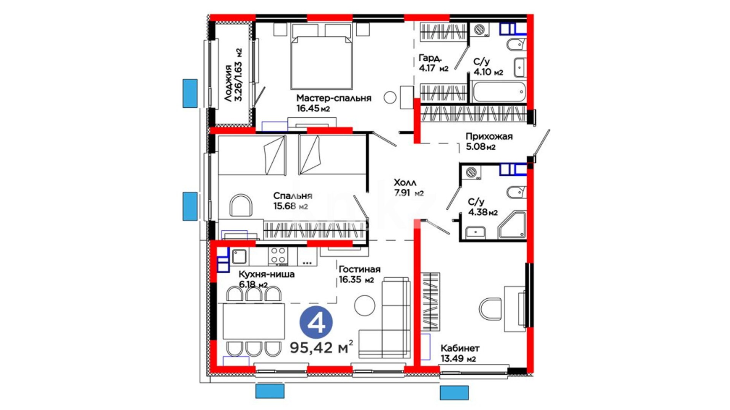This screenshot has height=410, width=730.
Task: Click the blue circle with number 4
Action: click(x=316, y=323)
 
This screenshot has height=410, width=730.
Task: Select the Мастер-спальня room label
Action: click(x=334, y=98)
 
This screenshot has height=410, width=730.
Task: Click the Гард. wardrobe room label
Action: click(x=430, y=58)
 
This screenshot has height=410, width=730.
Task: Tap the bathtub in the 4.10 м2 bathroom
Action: click(x=499, y=91)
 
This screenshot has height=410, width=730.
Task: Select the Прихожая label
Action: click(x=489, y=136)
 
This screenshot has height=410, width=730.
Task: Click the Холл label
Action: click(x=405, y=182)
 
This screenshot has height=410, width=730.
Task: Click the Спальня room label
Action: click(x=293, y=196)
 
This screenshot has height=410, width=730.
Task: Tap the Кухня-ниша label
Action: click(x=267, y=274)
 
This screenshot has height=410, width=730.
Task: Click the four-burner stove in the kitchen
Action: click(x=278, y=255)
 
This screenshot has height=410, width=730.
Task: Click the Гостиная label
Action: click(x=359, y=269)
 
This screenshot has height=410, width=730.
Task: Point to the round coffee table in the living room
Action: click(x=365, y=305)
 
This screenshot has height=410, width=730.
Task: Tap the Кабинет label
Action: click(x=460, y=348)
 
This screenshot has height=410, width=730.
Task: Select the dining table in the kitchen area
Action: click(x=254, y=321)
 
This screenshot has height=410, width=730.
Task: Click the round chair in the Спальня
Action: click(x=241, y=205)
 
